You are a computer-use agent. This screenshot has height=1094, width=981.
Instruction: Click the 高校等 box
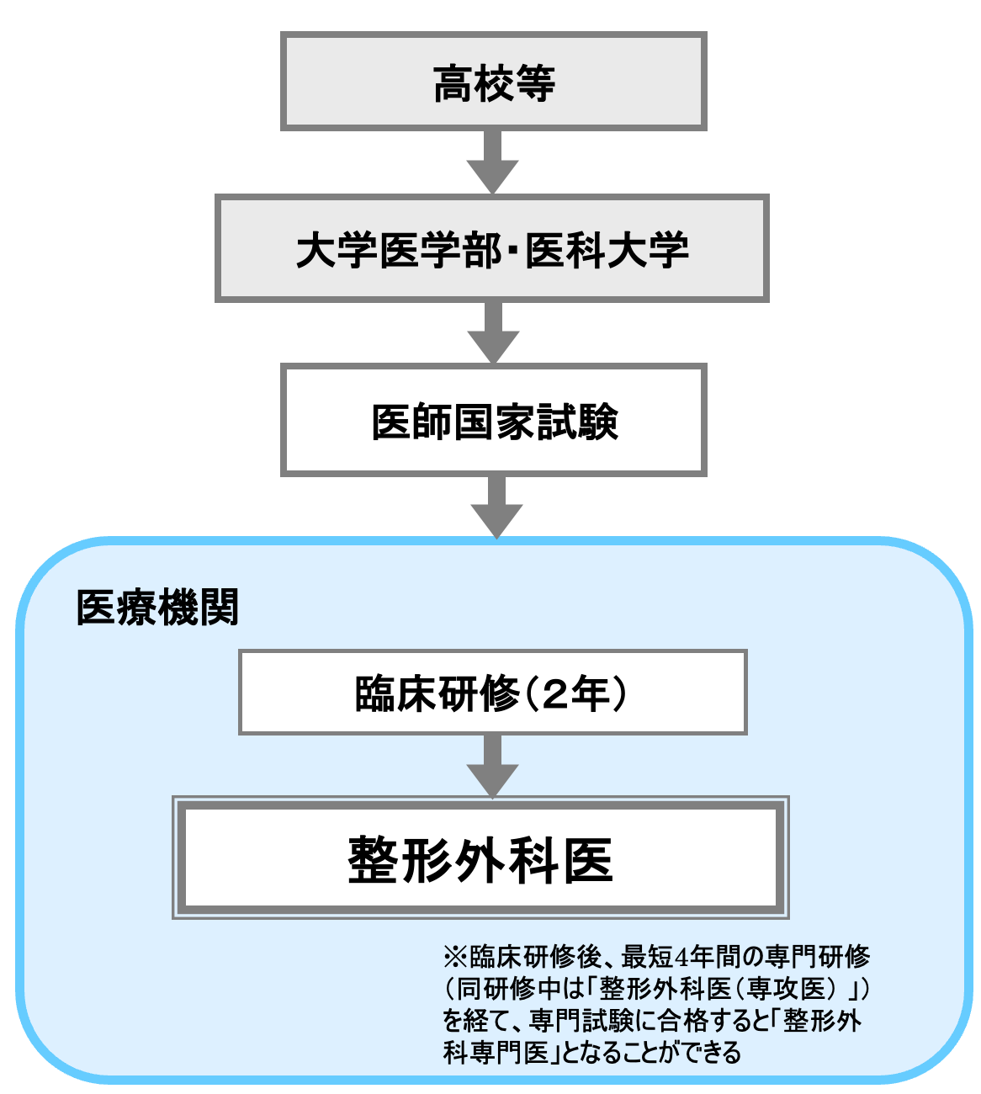click(x=493, y=82)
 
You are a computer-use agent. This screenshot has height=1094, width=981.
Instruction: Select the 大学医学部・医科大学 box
click(x=492, y=249)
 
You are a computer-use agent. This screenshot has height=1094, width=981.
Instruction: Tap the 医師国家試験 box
click(x=494, y=420)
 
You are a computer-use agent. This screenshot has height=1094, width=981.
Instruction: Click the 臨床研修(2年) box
click(x=493, y=693)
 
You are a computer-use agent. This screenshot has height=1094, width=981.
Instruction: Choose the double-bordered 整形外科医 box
click(x=480, y=858)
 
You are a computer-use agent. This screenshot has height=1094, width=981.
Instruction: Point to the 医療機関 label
click(x=157, y=607)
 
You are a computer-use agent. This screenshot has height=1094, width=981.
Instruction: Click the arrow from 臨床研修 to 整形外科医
click(x=493, y=765)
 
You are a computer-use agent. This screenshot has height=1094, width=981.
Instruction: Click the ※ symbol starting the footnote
click(x=454, y=957)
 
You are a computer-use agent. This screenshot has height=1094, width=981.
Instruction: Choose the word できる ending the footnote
click(x=714, y=1053)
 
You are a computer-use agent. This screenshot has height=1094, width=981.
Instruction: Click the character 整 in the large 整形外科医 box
click(x=373, y=859)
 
